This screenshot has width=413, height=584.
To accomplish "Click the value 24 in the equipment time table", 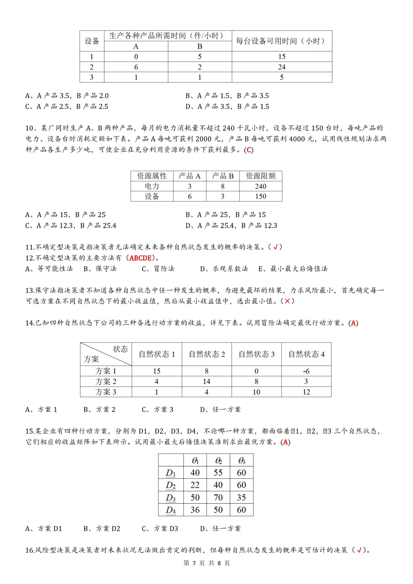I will click(282, 67).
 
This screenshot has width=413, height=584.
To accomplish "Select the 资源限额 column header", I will click(260, 176).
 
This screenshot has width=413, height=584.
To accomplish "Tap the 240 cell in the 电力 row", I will click(260, 186).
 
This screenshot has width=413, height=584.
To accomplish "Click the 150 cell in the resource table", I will click(260, 196).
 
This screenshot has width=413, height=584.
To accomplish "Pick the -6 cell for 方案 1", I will click(306, 371).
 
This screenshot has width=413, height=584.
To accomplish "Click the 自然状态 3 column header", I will click(256, 354).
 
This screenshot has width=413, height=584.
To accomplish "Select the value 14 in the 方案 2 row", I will click(206, 381).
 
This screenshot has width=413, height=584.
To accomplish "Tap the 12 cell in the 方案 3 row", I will click(306, 392).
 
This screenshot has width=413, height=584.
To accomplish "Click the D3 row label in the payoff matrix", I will click(171, 497).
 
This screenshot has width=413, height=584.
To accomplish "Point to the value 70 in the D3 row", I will click(218, 497).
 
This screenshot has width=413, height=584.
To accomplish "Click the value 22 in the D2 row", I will click(195, 485).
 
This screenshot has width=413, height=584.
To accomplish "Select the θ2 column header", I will click(218, 460).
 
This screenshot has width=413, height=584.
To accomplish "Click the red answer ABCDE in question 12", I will click(140, 258).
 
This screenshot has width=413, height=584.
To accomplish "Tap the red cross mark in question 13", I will click(287, 301).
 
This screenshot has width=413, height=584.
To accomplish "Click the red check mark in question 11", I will click(275, 247).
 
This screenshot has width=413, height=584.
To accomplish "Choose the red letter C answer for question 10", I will click(249, 150).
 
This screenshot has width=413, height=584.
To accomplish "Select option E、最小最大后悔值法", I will click(293, 269).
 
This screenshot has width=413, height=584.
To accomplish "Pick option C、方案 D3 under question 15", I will click(160, 528).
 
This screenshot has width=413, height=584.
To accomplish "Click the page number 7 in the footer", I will click(194, 563).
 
